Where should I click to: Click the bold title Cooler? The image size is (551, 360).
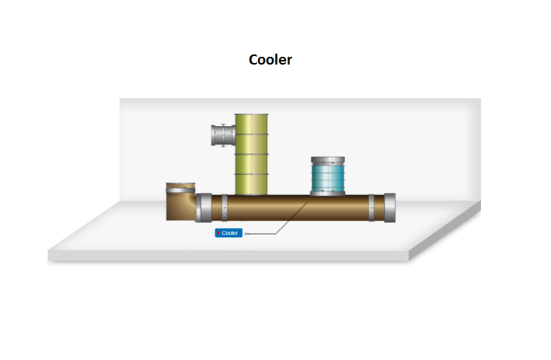[270, 59]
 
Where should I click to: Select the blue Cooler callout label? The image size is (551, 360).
[230, 232]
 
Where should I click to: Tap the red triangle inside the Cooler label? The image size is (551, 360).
[219, 232]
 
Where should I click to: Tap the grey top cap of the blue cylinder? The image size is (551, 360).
[331, 160]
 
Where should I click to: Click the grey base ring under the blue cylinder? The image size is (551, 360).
[331, 194]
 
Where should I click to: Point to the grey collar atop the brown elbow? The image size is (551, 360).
[180, 187]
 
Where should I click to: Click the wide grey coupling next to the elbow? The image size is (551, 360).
[204, 208]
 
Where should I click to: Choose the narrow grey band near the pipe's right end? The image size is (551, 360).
[371, 208]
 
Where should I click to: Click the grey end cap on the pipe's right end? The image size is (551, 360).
[388, 208]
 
